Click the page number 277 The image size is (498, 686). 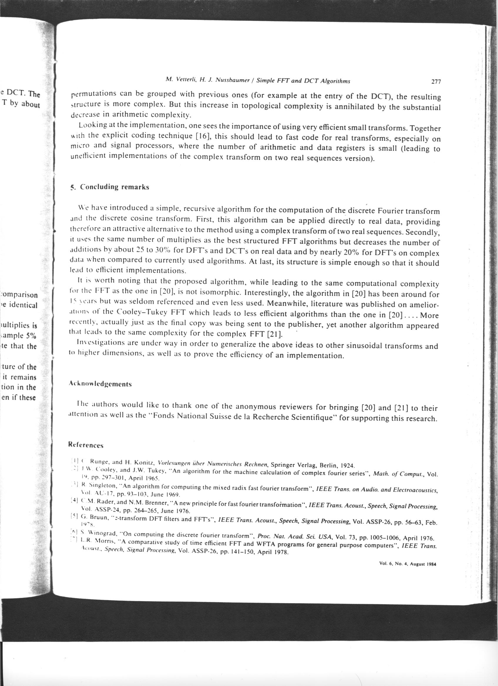coord(436,82)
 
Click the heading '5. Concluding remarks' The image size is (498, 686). coord(110,187)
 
